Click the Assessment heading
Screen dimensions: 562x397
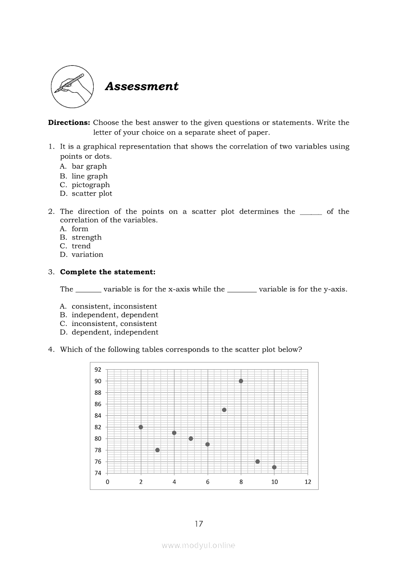[141, 87]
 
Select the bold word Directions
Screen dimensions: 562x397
[69, 123]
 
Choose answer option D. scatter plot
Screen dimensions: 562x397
[86, 194]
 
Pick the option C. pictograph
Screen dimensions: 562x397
[85, 185]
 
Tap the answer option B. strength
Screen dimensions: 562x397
[81, 237]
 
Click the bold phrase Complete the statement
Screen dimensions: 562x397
[108, 272]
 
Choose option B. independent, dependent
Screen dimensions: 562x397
[109, 315]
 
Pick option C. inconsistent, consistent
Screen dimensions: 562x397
[108, 324]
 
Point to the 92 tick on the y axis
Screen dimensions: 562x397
[98, 370]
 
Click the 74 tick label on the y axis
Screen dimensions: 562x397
[98, 473]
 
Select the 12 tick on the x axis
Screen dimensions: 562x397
[308, 482]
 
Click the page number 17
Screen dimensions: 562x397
[199, 524]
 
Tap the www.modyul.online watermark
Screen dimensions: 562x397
[198, 545]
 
